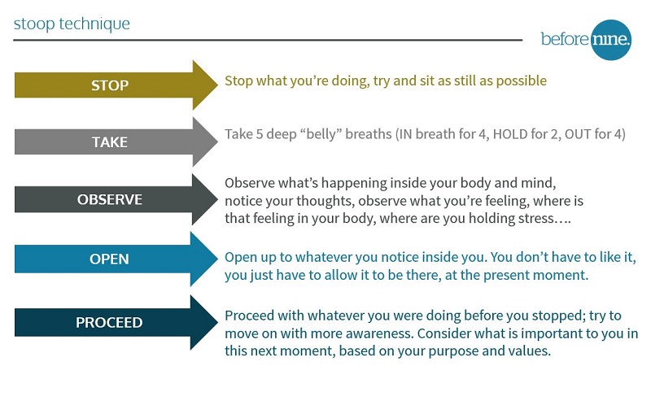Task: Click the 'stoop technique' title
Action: [72, 24]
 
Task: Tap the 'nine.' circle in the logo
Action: [610, 40]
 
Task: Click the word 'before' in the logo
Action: [565, 39]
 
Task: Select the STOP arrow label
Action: [110, 85]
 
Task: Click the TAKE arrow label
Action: [110, 142]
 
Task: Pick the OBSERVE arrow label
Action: [110, 199]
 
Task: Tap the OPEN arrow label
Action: [109, 259]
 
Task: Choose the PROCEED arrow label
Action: [109, 322]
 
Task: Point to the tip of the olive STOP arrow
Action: [217, 85]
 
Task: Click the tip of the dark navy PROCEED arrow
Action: [217, 322]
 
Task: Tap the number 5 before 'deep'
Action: [259, 134]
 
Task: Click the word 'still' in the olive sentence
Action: [465, 81]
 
